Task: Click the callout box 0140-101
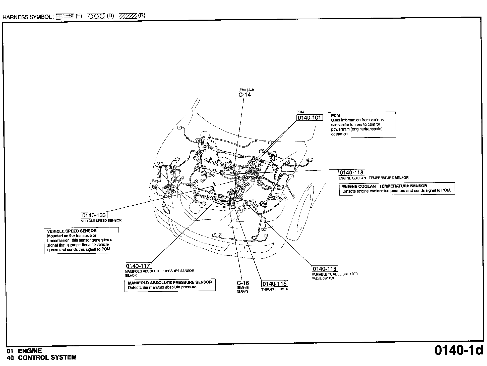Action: point(310,118)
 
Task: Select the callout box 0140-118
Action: point(351,172)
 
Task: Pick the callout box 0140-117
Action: point(138,266)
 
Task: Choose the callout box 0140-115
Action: point(274,284)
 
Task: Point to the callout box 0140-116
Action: point(325,269)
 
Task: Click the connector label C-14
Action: point(245,95)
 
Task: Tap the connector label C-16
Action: point(243,283)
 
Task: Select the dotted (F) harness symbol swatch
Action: point(65,17)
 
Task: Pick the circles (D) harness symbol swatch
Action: point(96,16)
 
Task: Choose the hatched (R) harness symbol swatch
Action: point(128,16)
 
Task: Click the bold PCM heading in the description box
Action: point(335,116)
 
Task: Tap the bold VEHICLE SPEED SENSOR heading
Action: point(72,231)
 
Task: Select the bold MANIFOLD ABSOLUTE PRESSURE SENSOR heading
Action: point(170,283)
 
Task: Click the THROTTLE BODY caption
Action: point(275,289)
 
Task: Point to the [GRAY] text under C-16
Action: point(242,292)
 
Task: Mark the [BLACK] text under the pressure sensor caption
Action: point(131,275)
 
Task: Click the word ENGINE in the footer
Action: point(30,351)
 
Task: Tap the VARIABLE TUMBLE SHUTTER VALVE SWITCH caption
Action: point(335,276)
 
